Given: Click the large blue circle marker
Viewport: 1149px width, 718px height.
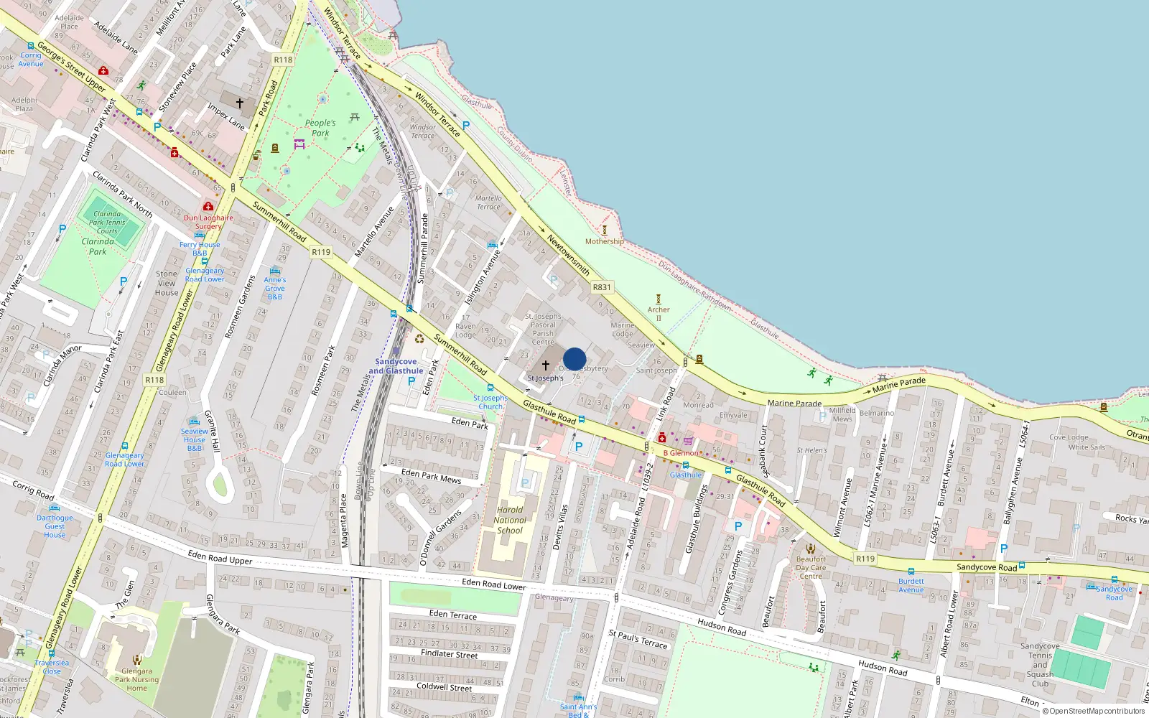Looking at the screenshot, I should [x=574, y=359].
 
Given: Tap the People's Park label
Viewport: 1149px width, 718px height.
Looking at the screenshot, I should [x=320, y=128].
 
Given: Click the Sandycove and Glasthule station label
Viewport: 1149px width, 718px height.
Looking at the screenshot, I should [x=396, y=366].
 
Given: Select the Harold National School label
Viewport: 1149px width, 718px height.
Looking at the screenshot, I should [x=510, y=521].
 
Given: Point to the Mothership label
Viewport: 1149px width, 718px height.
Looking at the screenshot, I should [x=604, y=241].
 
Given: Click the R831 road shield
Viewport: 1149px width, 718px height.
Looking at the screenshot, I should [x=602, y=287].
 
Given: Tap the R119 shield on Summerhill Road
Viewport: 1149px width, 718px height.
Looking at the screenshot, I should [x=321, y=252].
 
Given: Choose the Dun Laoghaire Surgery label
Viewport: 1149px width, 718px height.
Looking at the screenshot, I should [x=208, y=222].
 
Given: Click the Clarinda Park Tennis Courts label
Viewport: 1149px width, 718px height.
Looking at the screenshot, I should [x=107, y=223].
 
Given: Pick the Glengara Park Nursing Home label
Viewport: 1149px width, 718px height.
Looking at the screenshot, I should [x=136, y=679].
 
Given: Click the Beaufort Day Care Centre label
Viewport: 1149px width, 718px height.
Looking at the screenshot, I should [x=811, y=567].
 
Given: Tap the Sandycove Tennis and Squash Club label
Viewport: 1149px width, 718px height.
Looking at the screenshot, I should [x=1040, y=665].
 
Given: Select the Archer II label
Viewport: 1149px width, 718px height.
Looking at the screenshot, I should [x=659, y=314].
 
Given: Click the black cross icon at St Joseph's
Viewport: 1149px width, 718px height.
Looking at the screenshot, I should [x=545, y=365].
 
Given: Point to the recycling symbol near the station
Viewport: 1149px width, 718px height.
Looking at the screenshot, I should [x=419, y=339].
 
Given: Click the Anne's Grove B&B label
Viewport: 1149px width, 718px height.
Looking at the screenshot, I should [x=275, y=288].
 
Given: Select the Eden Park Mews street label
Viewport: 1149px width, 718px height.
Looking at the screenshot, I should [x=431, y=475].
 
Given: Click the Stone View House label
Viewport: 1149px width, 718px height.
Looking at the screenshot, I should [x=167, y=283].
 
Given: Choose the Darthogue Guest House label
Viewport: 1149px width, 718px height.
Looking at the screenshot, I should [x=55, y=526].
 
